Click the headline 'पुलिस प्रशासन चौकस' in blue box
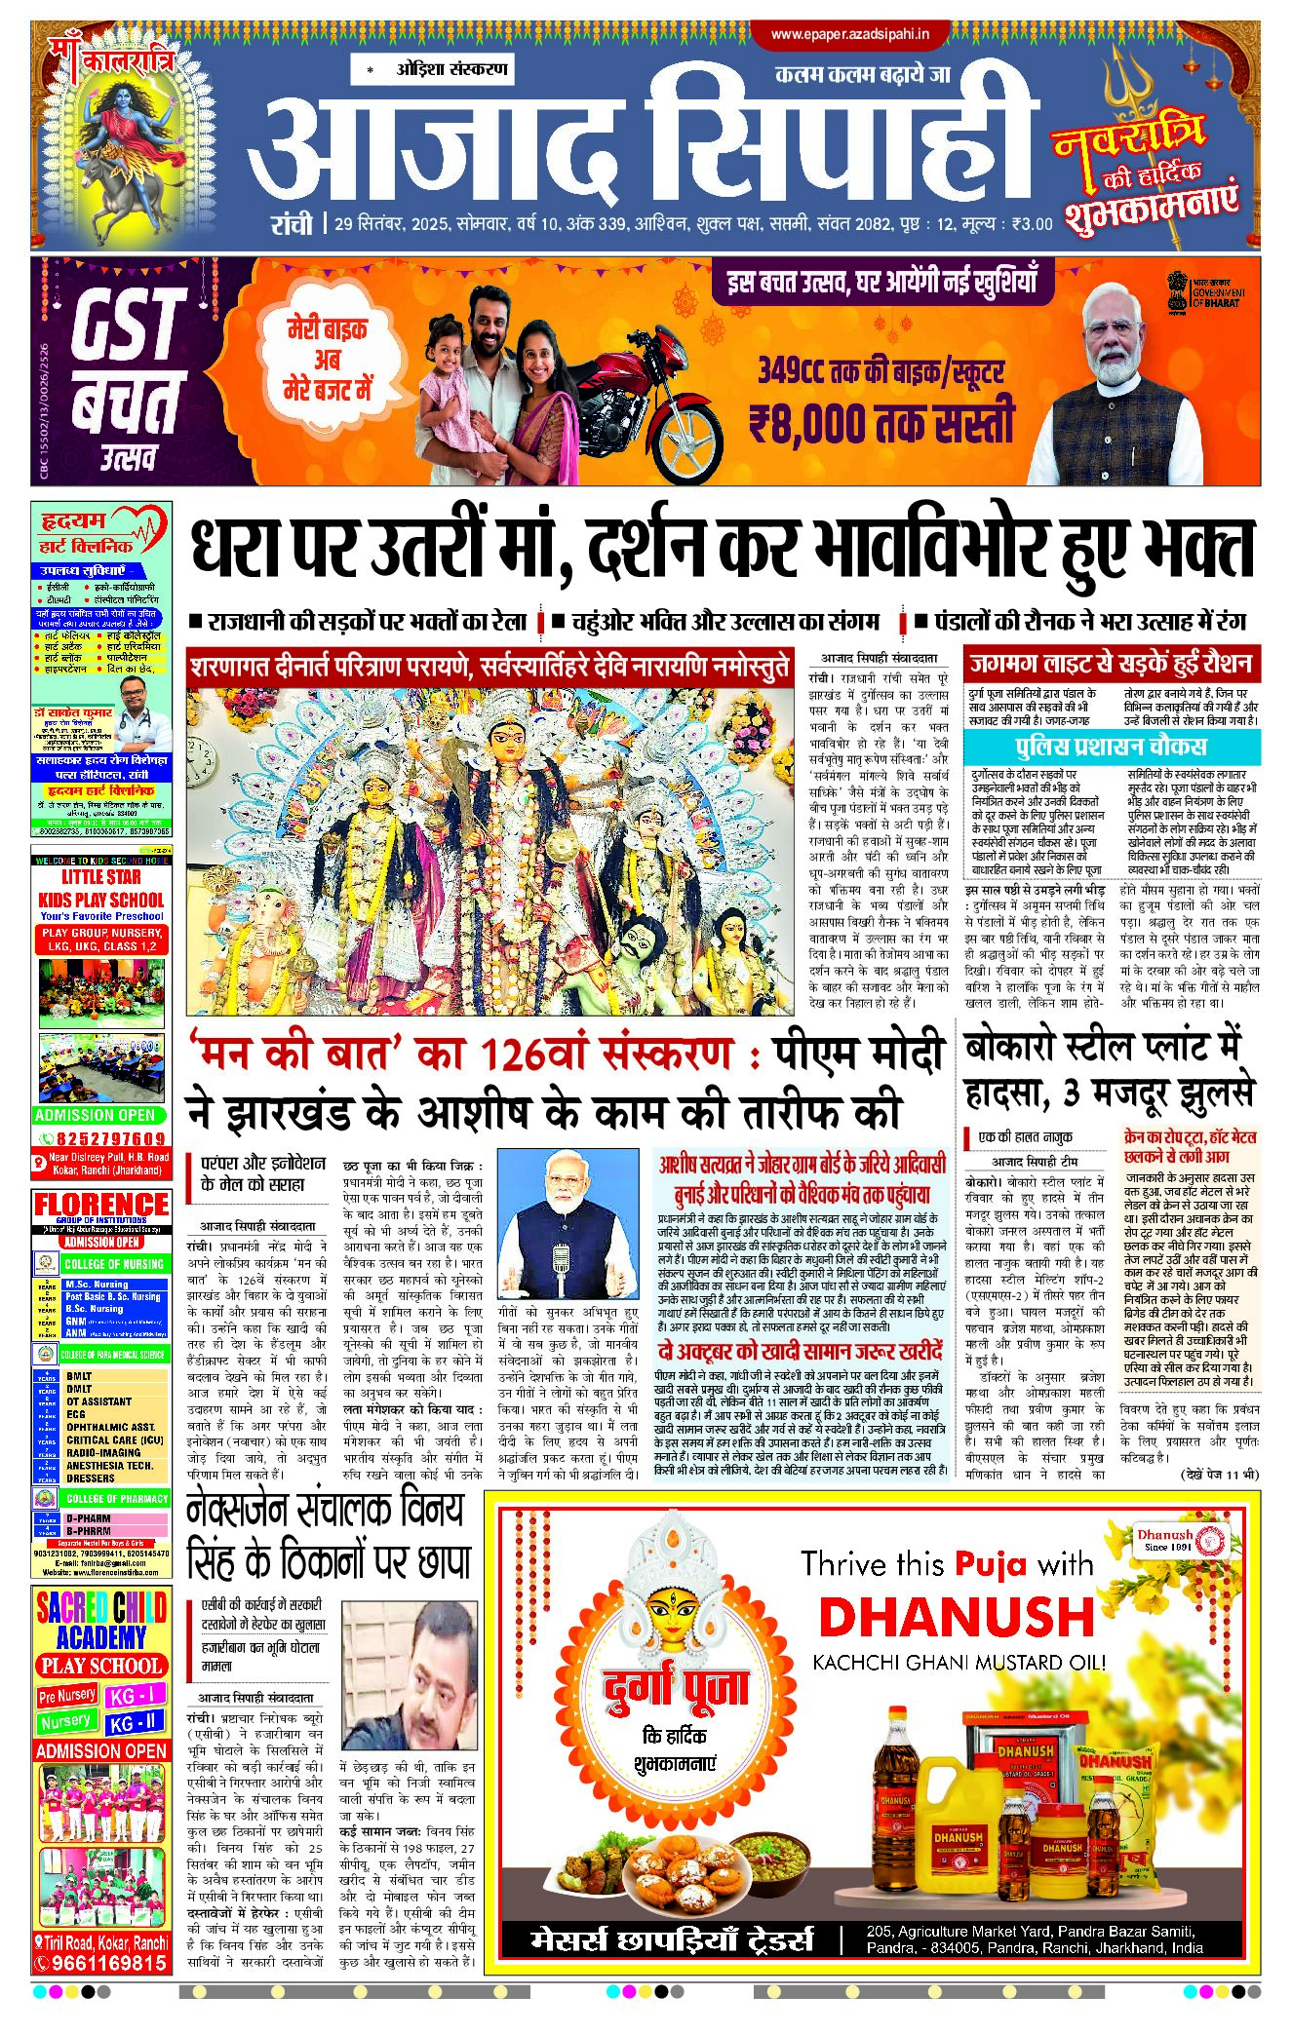coord(1110,747)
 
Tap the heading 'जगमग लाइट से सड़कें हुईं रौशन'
coord(1110,665)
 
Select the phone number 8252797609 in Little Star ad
coord(109,1138)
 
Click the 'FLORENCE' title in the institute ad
coord(101,1205)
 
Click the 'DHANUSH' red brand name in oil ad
coord(956,1618)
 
